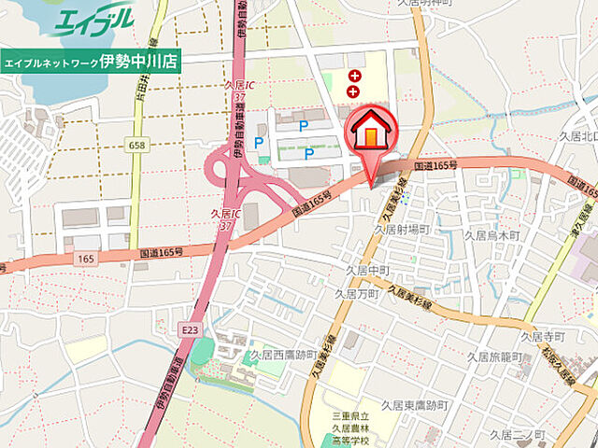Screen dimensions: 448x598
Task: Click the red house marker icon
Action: click(x=370, y=132)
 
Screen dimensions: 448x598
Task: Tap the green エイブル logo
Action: click(x=93, y=21)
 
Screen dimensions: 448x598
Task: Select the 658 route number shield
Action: click(x=138, y=145)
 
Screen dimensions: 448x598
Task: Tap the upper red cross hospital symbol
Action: click(x=354, y=75)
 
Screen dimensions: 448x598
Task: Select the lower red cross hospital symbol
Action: click(x=354, y=91)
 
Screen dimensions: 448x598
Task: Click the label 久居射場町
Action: click(x=402, y=228)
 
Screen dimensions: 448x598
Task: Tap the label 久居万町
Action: click(x=356, y=293)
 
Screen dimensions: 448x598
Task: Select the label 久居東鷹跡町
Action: click(x=417, y=405)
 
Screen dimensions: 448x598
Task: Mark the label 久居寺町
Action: click(x=543, y=335)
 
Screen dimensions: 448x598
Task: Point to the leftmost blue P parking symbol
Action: click(x=259, y=143)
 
